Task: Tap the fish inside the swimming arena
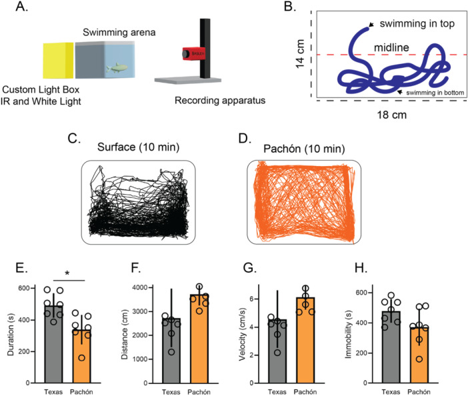pos(116,67)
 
